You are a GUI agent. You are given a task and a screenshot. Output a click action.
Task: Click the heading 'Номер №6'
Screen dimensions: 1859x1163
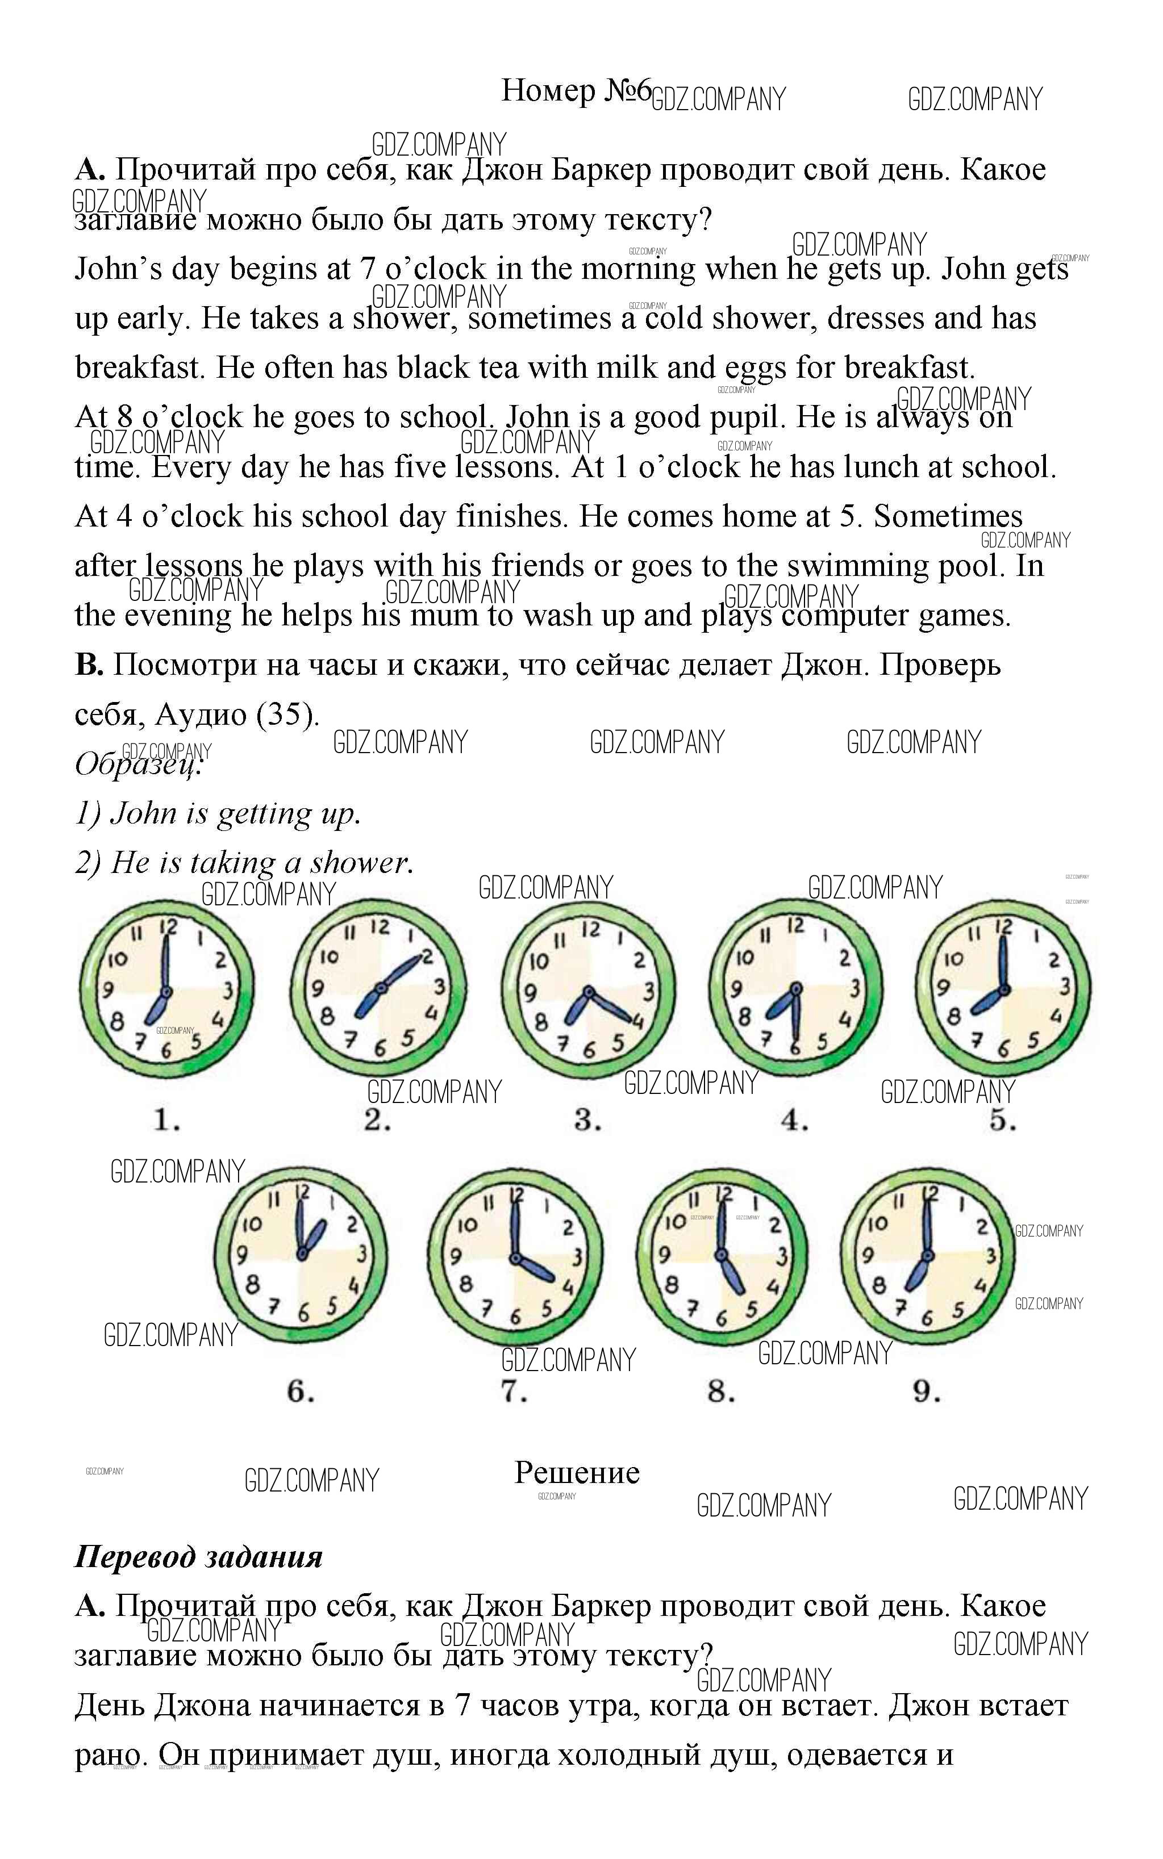pos(576,91)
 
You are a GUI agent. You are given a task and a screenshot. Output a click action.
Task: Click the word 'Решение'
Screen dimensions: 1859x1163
pos(577,1473)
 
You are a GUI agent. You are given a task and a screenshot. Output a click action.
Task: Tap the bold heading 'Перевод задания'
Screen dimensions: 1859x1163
pos(198,1557)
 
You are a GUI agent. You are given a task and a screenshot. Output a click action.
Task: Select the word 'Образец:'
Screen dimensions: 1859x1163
pos(139,764)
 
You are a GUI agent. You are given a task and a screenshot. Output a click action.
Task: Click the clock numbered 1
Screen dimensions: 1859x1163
pos(166,988)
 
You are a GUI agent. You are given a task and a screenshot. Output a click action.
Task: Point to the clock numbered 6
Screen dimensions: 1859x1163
pos(301,1256)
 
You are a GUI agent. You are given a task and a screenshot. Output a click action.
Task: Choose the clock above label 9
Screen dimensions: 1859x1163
pos(927,1256)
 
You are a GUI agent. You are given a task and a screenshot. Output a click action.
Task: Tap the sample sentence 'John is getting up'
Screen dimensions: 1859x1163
pos(235,813)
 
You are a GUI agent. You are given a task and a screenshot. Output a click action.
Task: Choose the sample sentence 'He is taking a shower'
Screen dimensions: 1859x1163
pos(261,863)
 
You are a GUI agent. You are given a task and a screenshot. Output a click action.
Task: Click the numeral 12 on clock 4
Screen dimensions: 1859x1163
pos(795,926)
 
